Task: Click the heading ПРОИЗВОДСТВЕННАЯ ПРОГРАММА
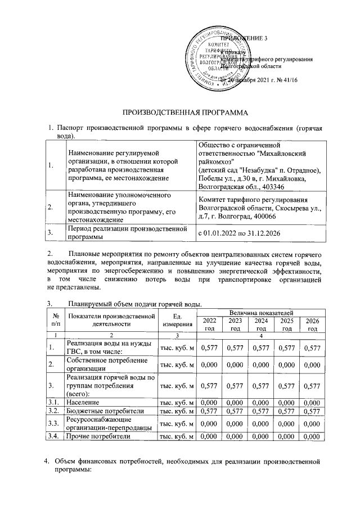click(179, 114)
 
